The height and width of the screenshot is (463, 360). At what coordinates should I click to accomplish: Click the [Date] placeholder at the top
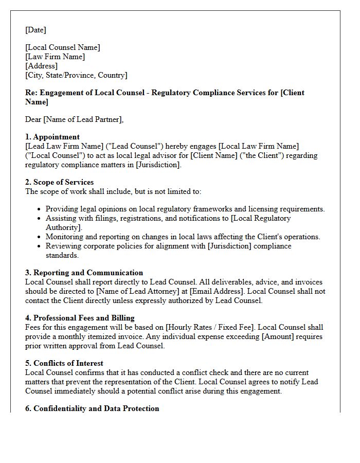tap(35, 30)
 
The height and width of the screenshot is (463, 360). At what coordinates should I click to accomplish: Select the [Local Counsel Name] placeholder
tap(63, 47)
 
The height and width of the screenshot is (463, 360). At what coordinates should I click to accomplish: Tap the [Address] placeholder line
tap(41, 66)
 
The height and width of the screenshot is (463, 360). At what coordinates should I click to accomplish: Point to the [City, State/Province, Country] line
tap(76, 75)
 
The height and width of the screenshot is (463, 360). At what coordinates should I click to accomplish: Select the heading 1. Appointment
tap(52, 137)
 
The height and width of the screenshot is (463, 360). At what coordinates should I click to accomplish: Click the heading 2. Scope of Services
tap(59, 182)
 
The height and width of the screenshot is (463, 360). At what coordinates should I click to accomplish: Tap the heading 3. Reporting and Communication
tap(84, 273)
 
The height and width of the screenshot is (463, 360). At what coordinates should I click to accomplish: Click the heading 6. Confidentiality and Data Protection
tap(92, 408)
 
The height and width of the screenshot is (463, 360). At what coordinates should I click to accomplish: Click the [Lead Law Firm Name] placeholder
tap(61, 146)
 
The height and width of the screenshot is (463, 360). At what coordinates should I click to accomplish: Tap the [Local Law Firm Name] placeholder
tap(258, 146)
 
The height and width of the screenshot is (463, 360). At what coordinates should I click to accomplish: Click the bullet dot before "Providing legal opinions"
tap(40, 209)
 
